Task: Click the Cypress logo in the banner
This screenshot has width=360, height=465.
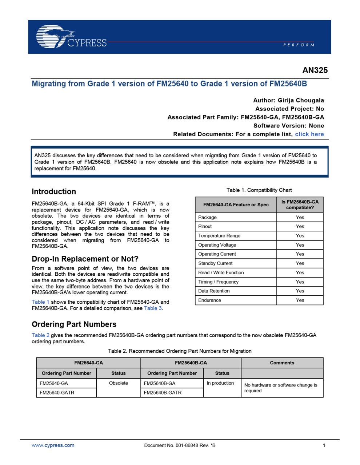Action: [x=71, y=37]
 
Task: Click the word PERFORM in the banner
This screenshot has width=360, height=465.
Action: [x=299, y=45]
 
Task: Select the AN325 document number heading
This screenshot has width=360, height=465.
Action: [x=315, y=70]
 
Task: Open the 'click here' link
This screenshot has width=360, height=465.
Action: [x=309, y=134]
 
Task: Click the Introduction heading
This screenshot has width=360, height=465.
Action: [x=54, y=191]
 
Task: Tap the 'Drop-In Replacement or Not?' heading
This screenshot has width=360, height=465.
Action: [x=85, y=259]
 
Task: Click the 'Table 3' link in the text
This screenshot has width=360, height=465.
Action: [x=153, y=308]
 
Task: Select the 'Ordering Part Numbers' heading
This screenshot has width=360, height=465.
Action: [x=74, y=324]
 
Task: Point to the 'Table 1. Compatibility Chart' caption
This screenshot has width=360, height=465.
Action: [x=259, y=190]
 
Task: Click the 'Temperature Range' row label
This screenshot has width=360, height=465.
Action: [x=219, y=235]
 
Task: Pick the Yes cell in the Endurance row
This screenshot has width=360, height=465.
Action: [x=300, y=300]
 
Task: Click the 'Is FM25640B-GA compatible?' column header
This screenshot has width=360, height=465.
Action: [x=300, y=205]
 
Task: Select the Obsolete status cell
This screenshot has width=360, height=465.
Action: [x=119, y=383]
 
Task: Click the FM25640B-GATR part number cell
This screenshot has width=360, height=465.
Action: [x=163, y=392]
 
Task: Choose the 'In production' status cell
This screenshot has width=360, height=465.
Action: [x=220, y=383]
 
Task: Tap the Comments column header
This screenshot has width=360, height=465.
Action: [x=282, y=363]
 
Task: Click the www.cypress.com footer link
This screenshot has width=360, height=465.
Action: [x=53, y=445]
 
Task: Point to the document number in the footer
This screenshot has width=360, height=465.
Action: [x=180, y=445]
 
